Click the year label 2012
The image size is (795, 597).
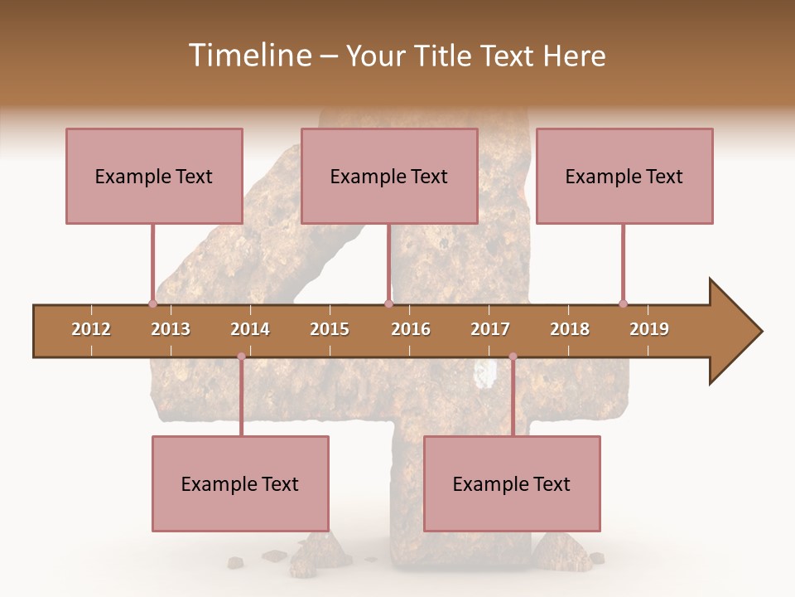tap(91, 329)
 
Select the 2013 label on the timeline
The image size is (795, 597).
tap(171, 329)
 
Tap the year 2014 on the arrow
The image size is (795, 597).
tap(250, 329)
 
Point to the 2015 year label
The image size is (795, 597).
tap(330, 329)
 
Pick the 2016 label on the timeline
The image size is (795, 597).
tap(411, 329)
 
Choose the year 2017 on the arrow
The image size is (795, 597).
tap(490, 329)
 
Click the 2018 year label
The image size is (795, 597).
tap(570, 329)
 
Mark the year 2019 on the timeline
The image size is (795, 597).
tap(649, 329)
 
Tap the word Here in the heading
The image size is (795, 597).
tap(574, 56)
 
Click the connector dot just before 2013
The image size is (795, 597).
tap(152, 303)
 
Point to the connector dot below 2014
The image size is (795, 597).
tap(241, 357)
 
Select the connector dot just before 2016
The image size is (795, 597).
tap(388, 303)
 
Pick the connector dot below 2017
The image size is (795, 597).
tap(513, 357)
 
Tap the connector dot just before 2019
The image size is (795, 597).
tap(623, 303)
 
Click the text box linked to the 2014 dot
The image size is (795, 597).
tap(240, 484)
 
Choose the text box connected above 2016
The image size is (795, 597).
tap(389, 176)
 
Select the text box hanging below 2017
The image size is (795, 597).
tap(512, 484)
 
